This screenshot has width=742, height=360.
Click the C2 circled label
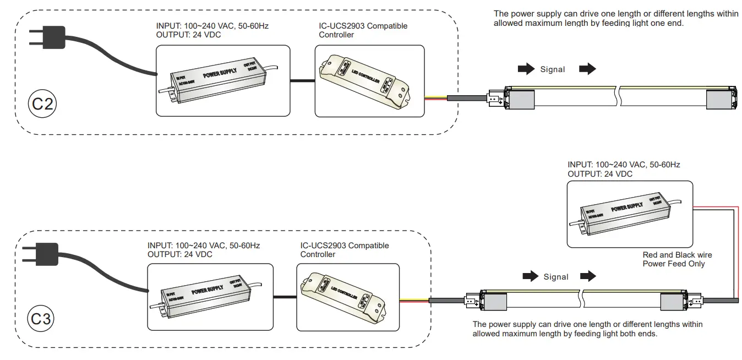tap(42, 103)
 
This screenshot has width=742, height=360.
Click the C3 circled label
tap(41, 319)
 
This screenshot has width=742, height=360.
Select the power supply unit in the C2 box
tap(222, 80)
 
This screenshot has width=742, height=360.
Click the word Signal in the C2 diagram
tap(552, 69)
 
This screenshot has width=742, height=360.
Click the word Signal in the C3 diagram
tap(555, 277)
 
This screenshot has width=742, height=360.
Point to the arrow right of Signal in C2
tap(588, 69)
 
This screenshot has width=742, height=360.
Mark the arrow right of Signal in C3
tap(588, 276)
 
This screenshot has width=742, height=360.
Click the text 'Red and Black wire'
tap(677, 255)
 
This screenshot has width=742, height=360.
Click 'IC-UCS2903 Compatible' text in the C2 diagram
tap(363, 26)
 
